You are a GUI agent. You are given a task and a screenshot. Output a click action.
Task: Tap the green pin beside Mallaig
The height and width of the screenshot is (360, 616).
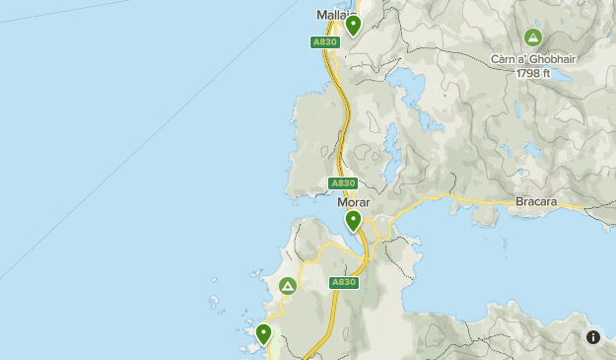tap(353, 25)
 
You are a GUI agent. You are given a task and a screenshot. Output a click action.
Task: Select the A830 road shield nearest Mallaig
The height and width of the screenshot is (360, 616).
tap(323, 42)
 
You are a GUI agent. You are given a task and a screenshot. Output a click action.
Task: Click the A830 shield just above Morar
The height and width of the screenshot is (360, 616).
tap(342, 183)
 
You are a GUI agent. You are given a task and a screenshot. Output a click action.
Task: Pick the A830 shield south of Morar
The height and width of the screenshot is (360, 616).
tap(342, 282)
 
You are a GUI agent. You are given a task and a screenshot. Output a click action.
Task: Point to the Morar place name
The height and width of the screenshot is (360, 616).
tap(353, 202)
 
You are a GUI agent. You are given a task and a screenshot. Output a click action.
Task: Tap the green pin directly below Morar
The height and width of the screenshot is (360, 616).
tap(353, 220)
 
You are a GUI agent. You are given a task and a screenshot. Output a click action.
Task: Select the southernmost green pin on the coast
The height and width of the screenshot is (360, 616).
tap(263, 333)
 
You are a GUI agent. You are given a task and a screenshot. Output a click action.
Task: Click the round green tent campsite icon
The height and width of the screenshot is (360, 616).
tap(288, 286)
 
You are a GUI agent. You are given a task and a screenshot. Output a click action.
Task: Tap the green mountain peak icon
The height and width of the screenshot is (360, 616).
tap(533, 38)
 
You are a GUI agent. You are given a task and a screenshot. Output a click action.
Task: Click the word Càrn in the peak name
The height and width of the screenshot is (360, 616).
tap(504, 59)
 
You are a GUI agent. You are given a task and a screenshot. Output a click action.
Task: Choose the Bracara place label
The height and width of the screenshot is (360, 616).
tap(536, 202)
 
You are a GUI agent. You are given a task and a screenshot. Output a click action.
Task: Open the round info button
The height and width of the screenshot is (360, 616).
tap(593, 337)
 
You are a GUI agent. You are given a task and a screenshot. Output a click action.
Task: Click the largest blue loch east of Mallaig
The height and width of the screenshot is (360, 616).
tap(409, 87)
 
